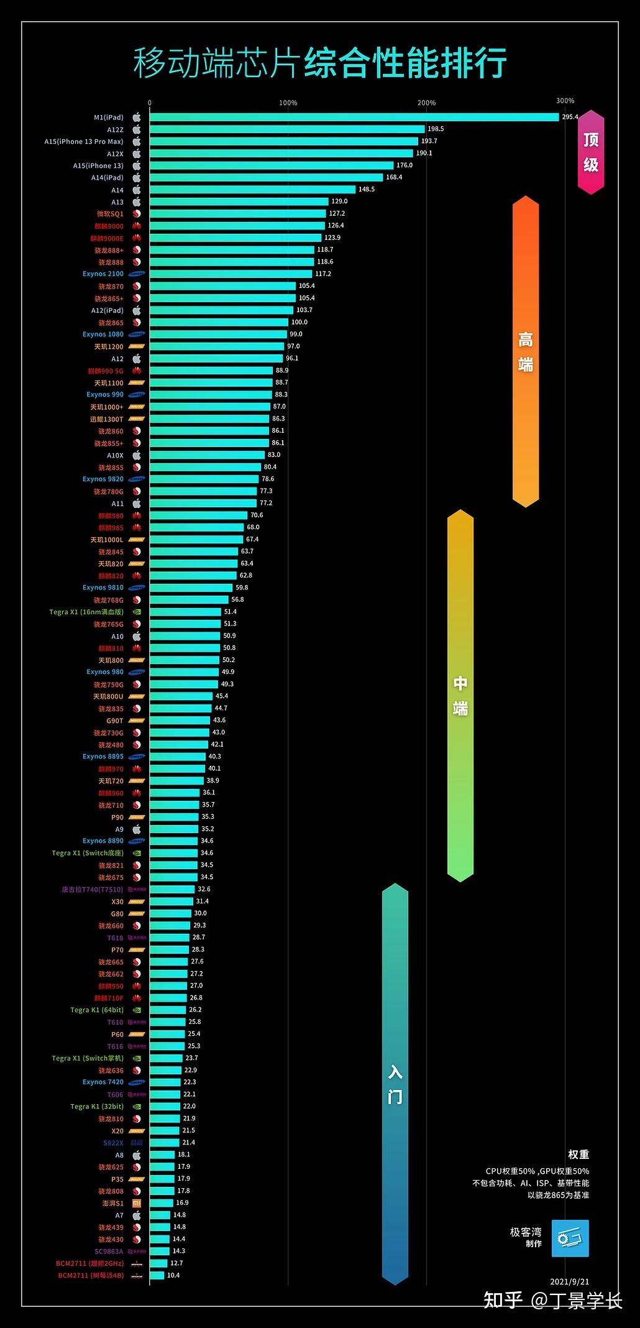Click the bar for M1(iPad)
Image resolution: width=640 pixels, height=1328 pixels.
(x=354, y=117)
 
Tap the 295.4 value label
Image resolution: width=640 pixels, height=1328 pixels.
(x=570, y=117)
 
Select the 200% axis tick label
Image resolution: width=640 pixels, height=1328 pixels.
(x=426, y=103)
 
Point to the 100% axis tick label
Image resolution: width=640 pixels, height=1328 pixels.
(x=288, y=103)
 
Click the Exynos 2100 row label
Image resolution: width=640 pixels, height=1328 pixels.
(x=103, y=274)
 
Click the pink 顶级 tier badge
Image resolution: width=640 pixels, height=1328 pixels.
(x=591, y=152)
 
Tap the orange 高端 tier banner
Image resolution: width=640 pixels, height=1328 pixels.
(x=526, y=351)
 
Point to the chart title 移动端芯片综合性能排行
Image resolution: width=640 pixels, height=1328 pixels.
(x=319, y=63)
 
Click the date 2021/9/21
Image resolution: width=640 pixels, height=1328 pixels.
(x=569, y=1282)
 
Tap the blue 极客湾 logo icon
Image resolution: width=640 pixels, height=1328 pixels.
(x=570, y=1238)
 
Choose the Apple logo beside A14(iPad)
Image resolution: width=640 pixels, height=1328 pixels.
(x=137, y=178)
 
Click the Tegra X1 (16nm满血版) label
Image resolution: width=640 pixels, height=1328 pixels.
(x=86, y=612)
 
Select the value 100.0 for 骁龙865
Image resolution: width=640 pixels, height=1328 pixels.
(x=299, y=322)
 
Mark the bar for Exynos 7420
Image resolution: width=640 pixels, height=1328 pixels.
(x=165, y=1082)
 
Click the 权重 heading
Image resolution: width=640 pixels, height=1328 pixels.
(x=578, y=1155)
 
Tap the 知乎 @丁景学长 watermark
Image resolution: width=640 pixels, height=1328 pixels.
(x=552, y=1300)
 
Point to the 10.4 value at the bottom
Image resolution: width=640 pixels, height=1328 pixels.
(x=173, y=1275)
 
